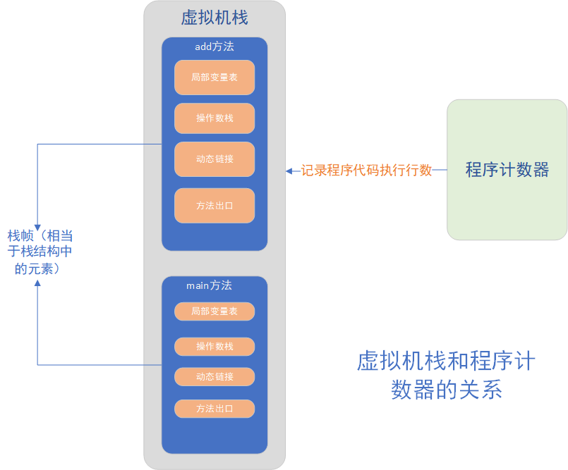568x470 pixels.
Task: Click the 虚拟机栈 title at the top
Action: [214, 17]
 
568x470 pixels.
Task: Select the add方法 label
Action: [214, 47]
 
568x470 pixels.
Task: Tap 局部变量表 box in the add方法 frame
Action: [214, 78]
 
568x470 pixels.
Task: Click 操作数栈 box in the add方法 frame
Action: [214, 118]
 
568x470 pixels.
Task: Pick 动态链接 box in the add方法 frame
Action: [214, 159]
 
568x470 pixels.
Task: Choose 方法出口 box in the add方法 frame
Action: [214, 206]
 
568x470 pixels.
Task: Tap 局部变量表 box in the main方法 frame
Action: [214, 311]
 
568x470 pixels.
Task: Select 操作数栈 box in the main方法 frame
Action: [214, 346]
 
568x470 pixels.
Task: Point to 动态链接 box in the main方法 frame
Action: [214, 376]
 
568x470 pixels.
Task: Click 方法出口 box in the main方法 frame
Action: [214, 408]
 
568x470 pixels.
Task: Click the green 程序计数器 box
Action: [507, 170]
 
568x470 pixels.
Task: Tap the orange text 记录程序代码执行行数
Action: [366, 170]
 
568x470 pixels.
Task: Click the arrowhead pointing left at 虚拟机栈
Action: [289, 170]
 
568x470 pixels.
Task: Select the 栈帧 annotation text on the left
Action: [41, 252]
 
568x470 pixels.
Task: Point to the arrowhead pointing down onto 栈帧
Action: [37, 221]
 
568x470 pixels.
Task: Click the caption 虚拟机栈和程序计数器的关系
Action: [446, 376]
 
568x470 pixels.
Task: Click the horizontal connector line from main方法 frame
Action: [99, 364]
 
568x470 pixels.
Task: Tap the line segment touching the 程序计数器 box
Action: [440, 170]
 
